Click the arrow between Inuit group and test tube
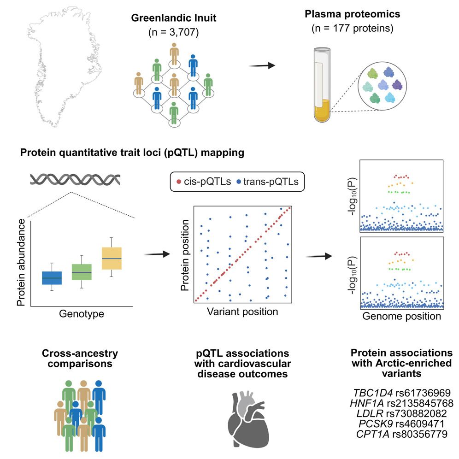[262, 65]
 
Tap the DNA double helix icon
[76, 179]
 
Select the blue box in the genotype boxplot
[52, 278]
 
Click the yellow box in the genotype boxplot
[112, 258]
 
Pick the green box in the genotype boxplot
[82, 272]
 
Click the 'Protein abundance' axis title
[21, 263]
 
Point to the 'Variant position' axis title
[242, 312]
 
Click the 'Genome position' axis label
[401, 317]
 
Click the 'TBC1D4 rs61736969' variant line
[400, 393]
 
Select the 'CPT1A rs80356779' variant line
[400, 434]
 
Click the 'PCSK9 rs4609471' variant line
[400, 424]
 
